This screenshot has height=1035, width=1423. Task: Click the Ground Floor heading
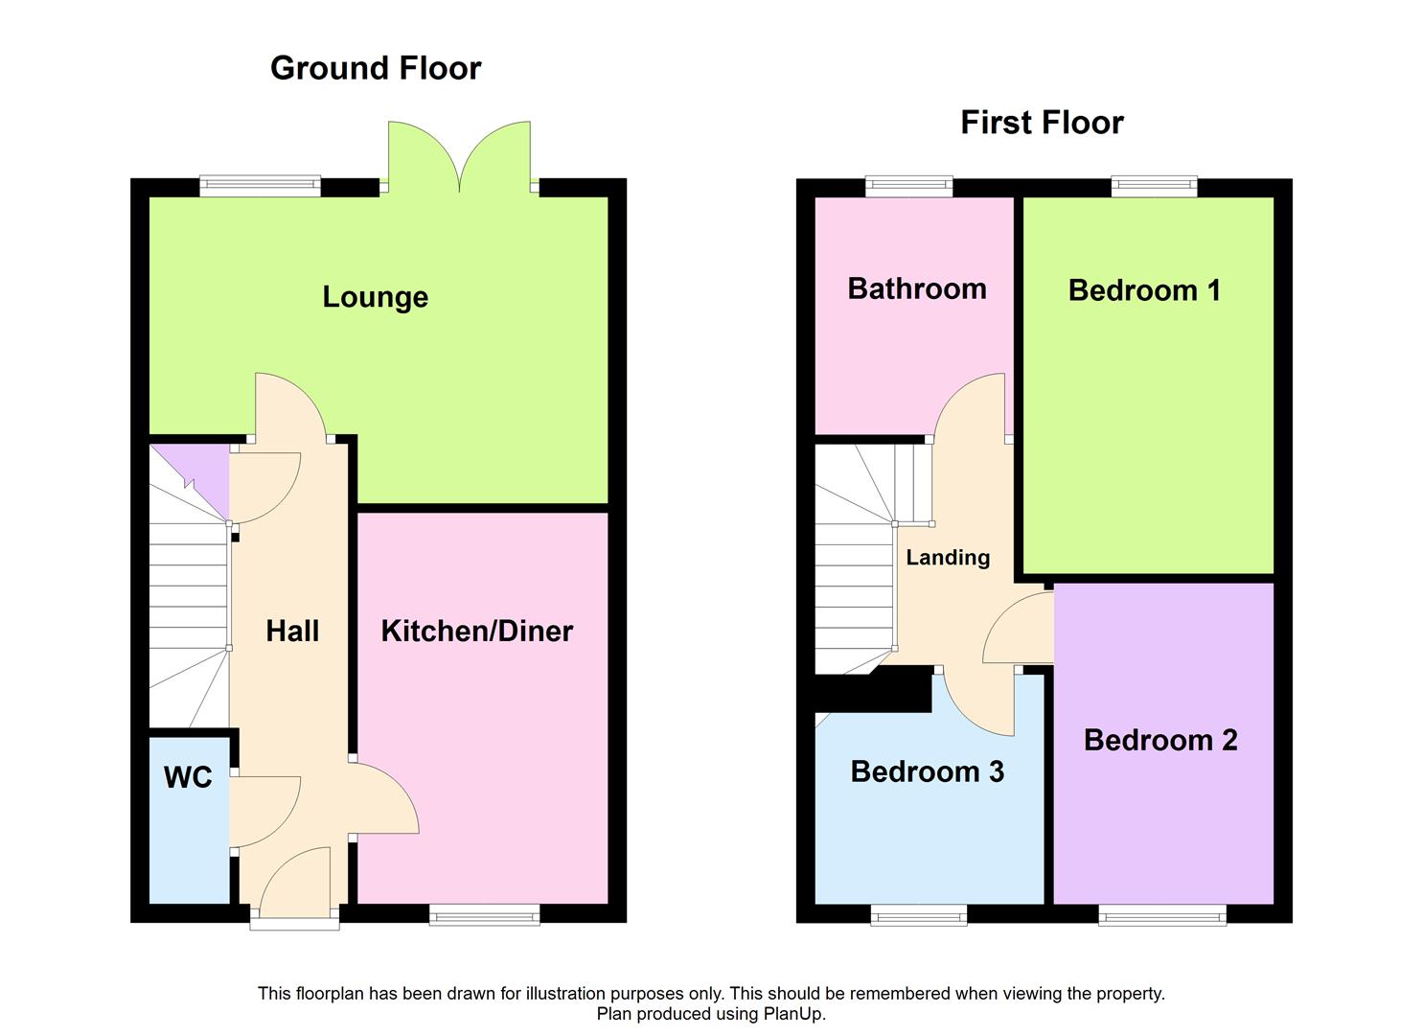pos(376,68)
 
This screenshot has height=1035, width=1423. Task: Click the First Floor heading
pos(1042,123)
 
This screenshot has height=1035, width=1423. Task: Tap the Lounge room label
pos(375,297)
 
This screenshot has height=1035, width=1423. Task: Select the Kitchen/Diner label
pos(477,631)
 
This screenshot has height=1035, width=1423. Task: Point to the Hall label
pos(292,631)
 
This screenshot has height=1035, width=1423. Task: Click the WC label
pos(188,777)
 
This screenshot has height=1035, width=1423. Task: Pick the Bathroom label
pos(917,288)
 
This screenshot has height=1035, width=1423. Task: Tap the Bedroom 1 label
pos(1144,290)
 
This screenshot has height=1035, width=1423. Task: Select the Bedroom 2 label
pos(1160,740)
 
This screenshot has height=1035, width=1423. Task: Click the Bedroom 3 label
pos(927,771)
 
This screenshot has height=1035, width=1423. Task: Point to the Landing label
pos(948,558)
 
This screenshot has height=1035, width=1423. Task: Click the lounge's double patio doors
pos(460,158)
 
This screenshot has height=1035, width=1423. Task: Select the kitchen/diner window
pos(485,916)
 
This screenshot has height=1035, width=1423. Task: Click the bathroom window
pos(909,186)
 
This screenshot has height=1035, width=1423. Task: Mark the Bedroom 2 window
pos(1162,916)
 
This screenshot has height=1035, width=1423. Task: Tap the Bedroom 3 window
pos(919,916)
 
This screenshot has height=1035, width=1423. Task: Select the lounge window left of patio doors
pos(260,186)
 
